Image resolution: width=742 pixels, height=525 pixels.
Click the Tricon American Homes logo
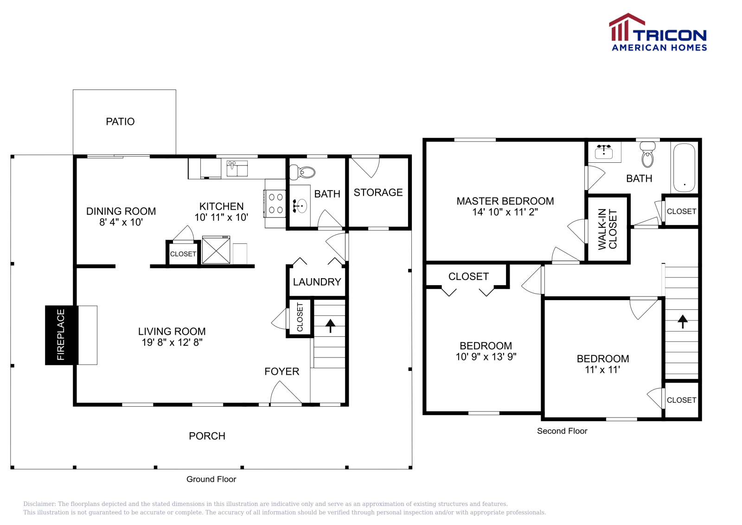pos(658,32)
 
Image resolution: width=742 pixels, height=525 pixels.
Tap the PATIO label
pos(120,122)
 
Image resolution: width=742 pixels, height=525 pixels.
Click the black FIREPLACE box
pos(61,335)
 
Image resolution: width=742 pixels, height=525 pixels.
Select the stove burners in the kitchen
pos(276,204)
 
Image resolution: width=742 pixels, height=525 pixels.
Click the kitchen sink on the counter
pos(237,168)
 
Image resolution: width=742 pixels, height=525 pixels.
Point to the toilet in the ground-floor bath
pos(303,173)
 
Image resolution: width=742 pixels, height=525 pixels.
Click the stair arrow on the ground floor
pos(330,326)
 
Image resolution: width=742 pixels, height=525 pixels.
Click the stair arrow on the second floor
pos(682,321)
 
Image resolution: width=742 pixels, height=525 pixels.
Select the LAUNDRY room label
pos(317,282)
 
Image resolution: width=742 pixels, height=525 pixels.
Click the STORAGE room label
pos(378,192)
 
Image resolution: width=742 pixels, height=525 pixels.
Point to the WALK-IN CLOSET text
pos(607,229)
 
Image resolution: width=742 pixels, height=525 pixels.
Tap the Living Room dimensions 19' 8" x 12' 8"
pos(172,343)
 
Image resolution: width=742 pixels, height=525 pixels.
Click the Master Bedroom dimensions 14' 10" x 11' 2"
pos(505,212)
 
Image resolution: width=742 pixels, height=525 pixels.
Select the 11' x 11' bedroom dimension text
pos(602,370)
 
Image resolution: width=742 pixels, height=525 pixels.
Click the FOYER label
pos(281,371)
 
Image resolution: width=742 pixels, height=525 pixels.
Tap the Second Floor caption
pos(562,431)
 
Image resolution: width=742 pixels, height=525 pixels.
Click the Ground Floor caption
pos(211,479)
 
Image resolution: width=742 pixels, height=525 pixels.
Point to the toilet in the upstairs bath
pos(647,155)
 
